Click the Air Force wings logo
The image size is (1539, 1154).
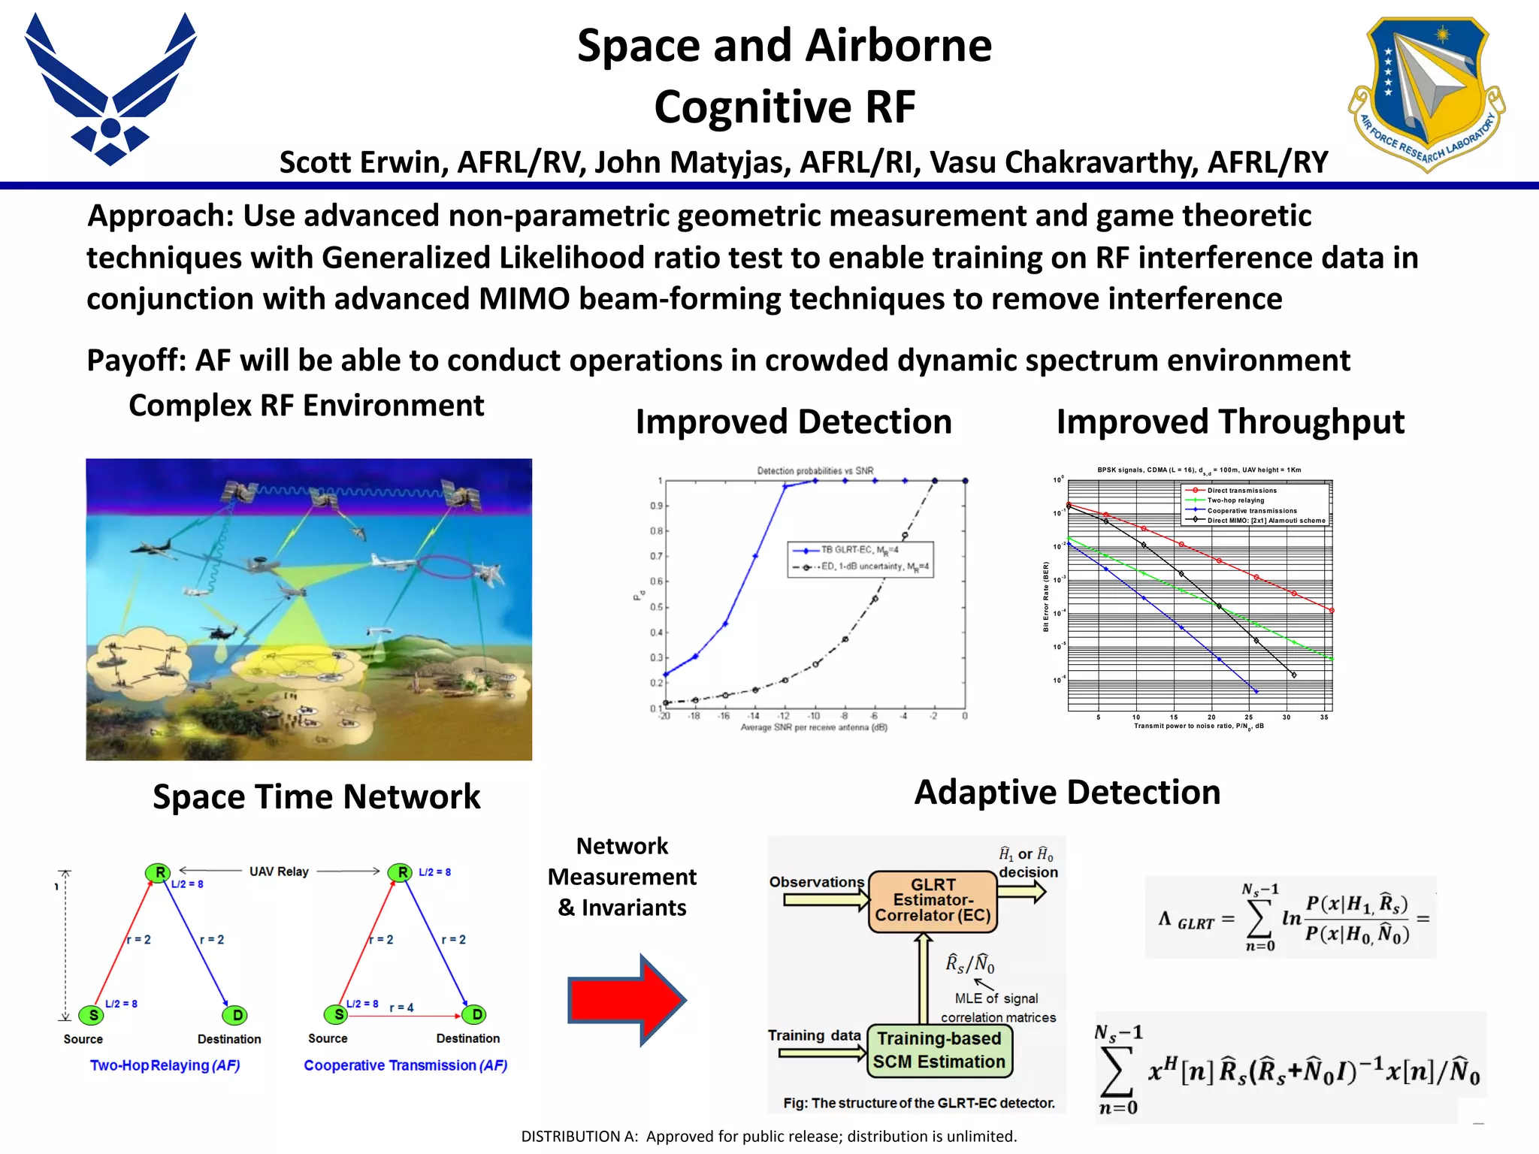click(x=110, y=90)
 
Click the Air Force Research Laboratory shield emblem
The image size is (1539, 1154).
click(x=1426, y=94)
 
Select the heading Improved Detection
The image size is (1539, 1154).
click(x=794, y=421)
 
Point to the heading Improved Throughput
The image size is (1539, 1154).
click(x=1230, y=421)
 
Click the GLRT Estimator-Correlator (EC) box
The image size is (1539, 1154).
click(x=933, y=901)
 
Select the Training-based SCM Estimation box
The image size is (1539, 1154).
click(x=939, y=1050)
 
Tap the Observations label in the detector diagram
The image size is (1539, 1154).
click(x=816, y=882)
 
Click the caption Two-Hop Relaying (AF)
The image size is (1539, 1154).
click(x=165, y=1065)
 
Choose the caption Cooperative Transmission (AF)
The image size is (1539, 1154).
click(x=406, y=1065)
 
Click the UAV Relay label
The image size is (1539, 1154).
click(x=279, y=872)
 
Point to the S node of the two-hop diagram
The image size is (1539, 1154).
click(x=93, y=1016)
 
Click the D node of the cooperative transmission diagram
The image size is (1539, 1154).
click(x=476, y=1015)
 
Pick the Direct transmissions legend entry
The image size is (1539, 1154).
click(x=1241, y=491)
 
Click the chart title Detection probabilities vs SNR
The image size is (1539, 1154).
click(x=815, y=471)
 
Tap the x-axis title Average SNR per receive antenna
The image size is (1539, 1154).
click(x=814, y=727)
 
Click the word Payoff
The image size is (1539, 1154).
click(x=135, y=361)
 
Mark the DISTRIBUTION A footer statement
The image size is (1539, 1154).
click(x=769, y=1136)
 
